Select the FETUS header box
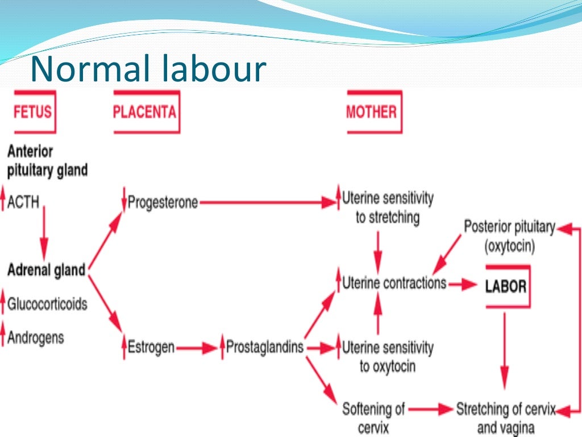coord(32,111)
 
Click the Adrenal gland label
coord(46,270)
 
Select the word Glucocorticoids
coord(47,304)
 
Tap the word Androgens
coord(35,337)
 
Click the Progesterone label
coord(163,202)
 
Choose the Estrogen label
coord(151,347)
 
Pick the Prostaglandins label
coord(264,347)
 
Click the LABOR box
coord(505,286)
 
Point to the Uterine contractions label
coord(394,283)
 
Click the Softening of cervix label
coord(373,417)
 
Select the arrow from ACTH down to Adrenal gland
coord(44,233)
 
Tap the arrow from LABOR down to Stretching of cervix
coord(504,353)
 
